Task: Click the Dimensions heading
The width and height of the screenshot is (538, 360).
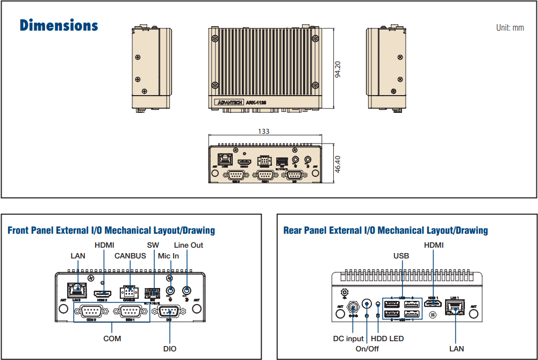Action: pyautogui.click(x=59, y=25)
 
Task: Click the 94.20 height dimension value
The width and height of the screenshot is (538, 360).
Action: pyautogui.click(x=338, y=69)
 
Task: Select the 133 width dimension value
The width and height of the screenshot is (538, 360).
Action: pyautogui.click(x=263, y=132)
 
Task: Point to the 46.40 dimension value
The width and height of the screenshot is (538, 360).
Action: pyautogui.click(x=337, y=164)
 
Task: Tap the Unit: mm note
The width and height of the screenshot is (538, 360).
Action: pyautogui.click(x=510, y=27)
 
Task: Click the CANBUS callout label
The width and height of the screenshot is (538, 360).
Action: pyautogui.click(x=130, y=256)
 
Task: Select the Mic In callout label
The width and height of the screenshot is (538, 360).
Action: pyautogui.click(x=168, y=256)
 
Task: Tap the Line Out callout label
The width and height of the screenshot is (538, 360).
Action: pyautogui.click(x=189, y=245)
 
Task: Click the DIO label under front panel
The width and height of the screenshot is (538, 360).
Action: pyautogui.click(x=170, y=349)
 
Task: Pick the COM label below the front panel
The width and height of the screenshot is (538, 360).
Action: pyautogui.click(x=112, y=339)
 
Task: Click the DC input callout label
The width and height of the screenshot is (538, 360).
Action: pyautogui.click(x=348, y=339)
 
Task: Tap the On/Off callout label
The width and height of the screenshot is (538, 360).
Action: pyautogui.click(x=368, y=349)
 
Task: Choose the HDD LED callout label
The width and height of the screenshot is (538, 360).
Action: pyautogui.click(x=388, y=339)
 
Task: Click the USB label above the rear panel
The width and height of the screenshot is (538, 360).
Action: pyautogui.click(x=401, y=256)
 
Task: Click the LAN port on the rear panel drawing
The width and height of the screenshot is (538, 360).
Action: pyautogui.click(x=455, y=307)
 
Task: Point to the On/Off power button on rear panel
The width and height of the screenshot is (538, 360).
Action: pyautogui.click(x=367, y=304)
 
